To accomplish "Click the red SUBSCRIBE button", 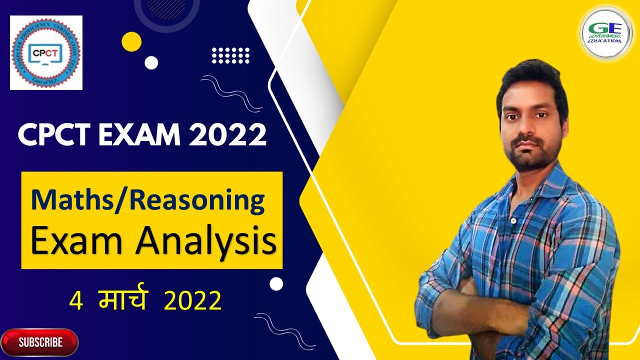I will point(40,342).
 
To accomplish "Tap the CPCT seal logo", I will point(46,52).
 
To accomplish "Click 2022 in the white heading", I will point(227,135).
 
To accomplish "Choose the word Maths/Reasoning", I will point(147,200).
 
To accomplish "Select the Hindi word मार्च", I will point(122,301).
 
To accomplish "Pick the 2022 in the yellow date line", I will point(192,301).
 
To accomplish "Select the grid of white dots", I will point(230,55).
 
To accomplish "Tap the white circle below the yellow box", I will point(276,284).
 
